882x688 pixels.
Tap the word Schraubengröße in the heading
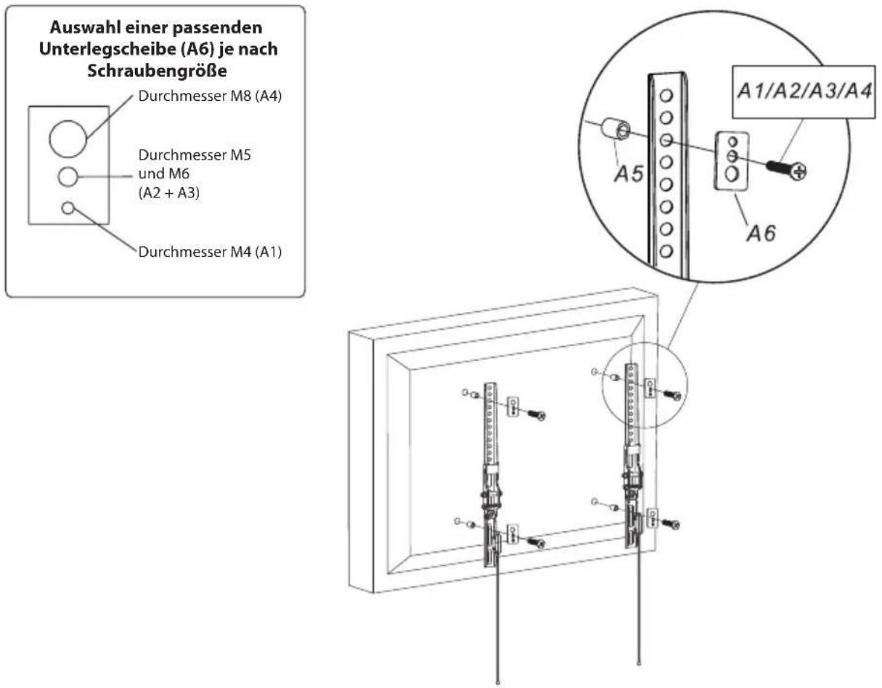(157, 71)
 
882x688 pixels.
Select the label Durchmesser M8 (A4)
(210, 96)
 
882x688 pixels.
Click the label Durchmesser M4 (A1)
(210, 252)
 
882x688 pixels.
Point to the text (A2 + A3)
(169, 193)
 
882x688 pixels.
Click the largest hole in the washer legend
(68, 139)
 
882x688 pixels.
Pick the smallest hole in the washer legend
(68, 208)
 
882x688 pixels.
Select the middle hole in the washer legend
(68, 177)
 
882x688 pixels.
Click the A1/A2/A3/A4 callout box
(804, 92)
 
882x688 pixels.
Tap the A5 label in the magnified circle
(629, 174)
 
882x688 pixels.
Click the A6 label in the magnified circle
(761, 233)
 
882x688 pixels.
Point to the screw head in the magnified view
(799, 173)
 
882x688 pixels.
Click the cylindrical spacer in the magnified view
(616, 129)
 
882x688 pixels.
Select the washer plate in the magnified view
(732, 160)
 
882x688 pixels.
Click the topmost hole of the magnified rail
(666, 96)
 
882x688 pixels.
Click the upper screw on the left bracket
(536, 414)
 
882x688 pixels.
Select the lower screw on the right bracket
(670, 524)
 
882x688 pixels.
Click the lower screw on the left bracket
(536, 543)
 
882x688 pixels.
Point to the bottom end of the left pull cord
(498, 682)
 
